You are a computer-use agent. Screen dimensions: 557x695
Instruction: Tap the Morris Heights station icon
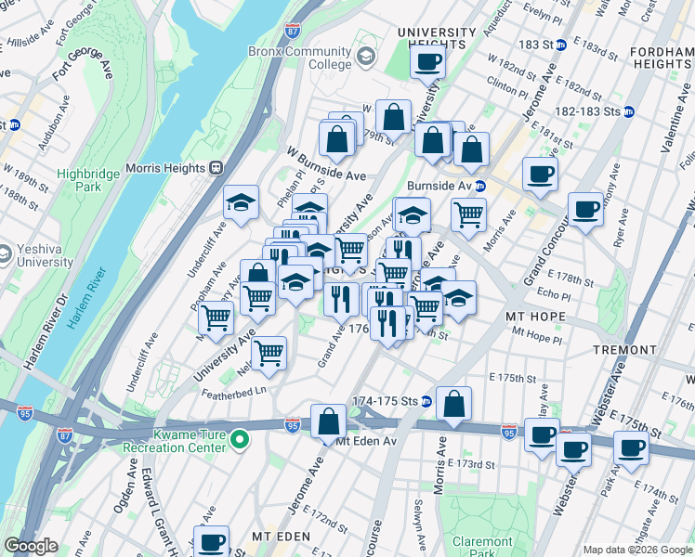[216, 167]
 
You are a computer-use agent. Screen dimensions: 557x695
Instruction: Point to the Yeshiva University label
[43, 255]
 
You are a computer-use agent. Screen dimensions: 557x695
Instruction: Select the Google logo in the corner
[31, 546]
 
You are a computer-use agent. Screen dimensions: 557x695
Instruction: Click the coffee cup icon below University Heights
[427, 62]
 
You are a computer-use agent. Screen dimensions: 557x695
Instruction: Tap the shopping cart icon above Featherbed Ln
[269, 353]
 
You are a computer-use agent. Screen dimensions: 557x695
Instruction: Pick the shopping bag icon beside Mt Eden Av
[329, 421]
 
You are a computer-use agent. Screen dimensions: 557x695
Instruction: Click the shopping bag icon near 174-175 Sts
[453, 403]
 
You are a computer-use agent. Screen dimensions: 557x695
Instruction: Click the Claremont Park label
[482, 547]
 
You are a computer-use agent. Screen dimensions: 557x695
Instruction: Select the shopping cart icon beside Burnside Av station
[468, 214]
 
